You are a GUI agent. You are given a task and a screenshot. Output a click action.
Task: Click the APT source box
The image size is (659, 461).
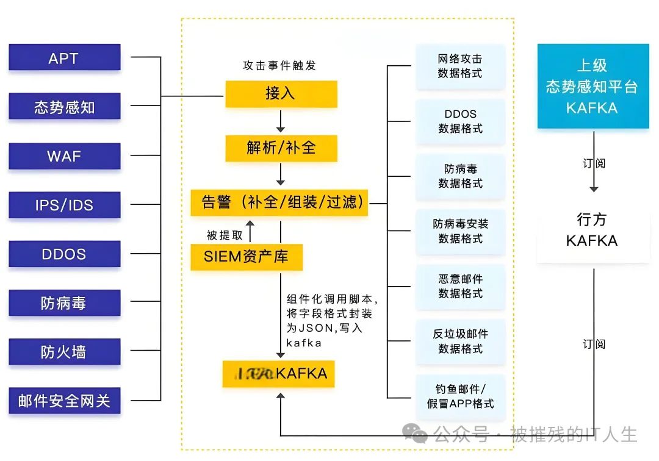click(64, 58)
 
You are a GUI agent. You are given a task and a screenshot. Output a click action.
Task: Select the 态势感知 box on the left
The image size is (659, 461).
click(64, 107)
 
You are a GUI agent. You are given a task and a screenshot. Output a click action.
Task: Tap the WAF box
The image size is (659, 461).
click(64, 156)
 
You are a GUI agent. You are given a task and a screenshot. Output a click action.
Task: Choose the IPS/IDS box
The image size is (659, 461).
click(64, 205)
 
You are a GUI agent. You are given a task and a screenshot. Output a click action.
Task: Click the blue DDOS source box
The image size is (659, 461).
click(64, 254)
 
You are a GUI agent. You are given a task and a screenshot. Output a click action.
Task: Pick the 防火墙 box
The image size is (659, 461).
click(64, 352)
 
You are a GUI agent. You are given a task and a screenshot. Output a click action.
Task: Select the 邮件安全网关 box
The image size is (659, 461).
click(64, 401)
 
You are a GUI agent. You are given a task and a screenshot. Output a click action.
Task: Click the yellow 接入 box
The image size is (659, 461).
click(281, 93)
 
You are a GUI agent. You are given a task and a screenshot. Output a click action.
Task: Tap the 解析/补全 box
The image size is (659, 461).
click(281, 148)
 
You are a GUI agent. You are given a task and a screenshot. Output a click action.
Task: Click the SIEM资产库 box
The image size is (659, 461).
click(247, 257)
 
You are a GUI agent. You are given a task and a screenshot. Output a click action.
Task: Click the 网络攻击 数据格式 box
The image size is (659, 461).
click(460, 66)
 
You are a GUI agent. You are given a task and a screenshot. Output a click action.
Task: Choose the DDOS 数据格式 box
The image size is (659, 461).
click(460, 121)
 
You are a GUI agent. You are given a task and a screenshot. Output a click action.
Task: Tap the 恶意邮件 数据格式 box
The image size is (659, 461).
click(460, 287)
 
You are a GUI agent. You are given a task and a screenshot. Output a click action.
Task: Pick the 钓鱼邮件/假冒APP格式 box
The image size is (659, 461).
click(460, 396)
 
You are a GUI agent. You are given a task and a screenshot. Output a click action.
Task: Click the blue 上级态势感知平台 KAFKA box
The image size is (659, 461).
click(592, 87)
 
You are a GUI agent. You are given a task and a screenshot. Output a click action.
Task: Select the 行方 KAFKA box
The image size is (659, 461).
click(592, 230)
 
